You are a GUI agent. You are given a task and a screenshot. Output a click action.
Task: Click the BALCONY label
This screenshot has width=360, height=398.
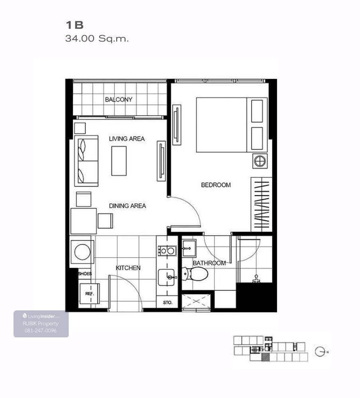118,99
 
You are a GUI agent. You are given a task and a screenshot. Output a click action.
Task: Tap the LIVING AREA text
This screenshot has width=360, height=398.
127,139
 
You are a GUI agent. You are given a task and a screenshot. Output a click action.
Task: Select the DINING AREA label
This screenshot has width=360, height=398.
127,206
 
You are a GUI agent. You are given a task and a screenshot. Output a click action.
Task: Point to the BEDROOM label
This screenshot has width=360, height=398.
216,185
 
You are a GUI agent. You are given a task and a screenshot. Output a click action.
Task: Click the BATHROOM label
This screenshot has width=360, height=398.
209,263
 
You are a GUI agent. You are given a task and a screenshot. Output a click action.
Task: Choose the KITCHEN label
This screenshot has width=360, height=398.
128,268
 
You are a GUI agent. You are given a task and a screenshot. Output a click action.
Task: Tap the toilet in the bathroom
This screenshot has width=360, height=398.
195,274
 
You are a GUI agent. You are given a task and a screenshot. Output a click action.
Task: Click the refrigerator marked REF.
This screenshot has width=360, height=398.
89,294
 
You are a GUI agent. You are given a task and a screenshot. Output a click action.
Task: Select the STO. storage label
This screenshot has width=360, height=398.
168,303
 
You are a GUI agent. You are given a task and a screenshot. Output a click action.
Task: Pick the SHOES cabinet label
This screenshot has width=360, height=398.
85,274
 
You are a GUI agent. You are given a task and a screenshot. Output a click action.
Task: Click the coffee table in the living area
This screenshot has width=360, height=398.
119,161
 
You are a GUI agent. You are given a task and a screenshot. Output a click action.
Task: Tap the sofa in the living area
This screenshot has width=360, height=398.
86,161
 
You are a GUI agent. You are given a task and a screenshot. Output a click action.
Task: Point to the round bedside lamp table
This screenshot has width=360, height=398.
260,161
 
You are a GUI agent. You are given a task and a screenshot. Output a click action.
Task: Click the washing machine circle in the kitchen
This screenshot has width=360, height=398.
82,252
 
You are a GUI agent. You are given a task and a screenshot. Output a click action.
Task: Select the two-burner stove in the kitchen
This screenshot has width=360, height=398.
167,251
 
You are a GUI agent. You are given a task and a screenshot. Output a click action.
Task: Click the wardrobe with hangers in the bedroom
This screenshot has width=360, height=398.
261,205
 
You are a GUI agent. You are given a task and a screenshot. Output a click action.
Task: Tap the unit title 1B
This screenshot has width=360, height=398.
75,25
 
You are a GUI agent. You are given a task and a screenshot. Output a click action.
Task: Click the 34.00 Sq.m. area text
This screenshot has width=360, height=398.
97,38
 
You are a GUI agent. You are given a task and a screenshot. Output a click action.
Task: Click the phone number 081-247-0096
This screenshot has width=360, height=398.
40,330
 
